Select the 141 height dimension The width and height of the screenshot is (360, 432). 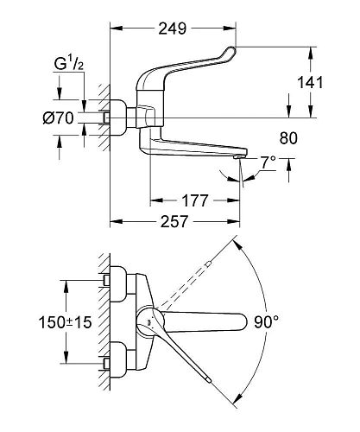tap(310, 83)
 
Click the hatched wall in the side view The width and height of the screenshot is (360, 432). tap(103, 112)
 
